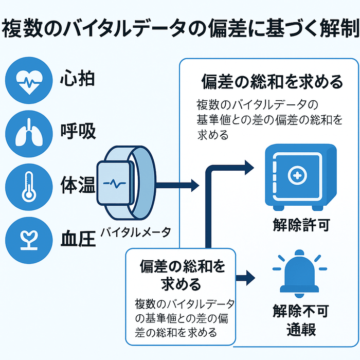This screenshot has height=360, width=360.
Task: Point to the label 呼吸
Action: click(77, 132)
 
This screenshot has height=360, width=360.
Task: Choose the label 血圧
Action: click(78, 238)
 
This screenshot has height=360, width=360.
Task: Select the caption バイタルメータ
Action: click(135, 232)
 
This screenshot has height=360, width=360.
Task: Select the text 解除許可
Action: click(301, 225)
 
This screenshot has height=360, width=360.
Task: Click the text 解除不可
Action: click(301, 311)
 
